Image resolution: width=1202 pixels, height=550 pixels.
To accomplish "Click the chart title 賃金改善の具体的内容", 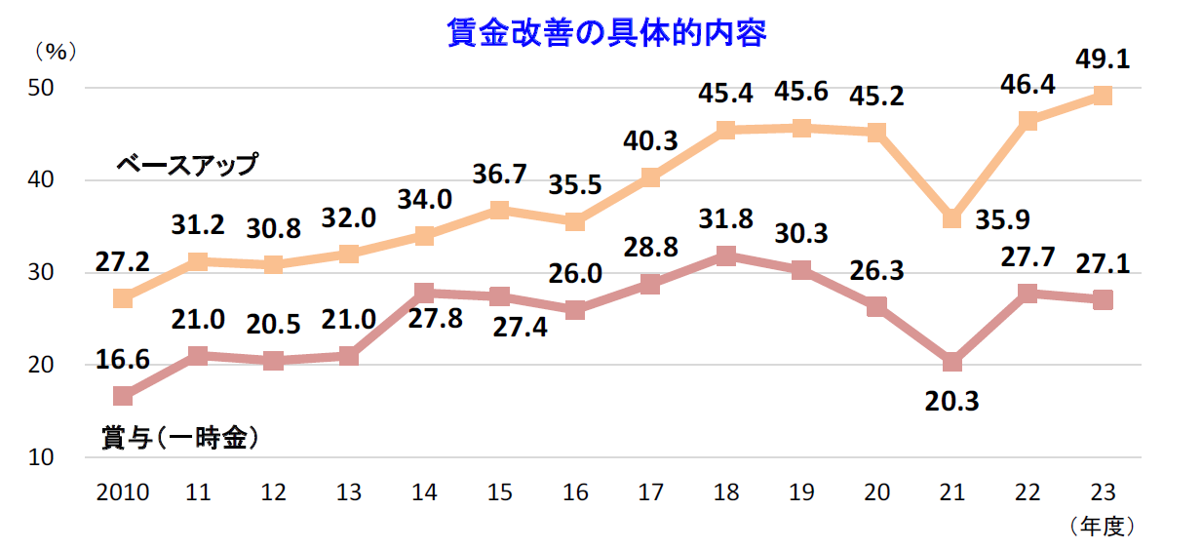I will [x=606, y=32].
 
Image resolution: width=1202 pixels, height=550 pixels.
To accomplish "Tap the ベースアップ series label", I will [x=186, y=163].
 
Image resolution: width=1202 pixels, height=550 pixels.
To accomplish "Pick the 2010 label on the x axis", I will [x=123, y=492].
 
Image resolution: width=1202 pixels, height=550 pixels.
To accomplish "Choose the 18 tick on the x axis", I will [x=725, y=492].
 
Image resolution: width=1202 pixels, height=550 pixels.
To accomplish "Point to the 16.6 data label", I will [x=123, y=361].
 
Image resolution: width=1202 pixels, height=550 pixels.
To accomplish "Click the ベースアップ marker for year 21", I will [x=951, y=219].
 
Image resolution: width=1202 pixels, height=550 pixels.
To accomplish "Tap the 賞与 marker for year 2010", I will [x=123, y=396].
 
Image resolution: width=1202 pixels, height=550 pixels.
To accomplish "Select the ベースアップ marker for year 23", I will [x=1103, y=96].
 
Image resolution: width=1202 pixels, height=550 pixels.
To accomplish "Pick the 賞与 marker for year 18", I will [x=725, y=256].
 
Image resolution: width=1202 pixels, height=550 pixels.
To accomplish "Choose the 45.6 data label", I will [x=801, y=93].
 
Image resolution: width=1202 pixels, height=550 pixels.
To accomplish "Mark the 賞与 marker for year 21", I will [x=951, y=363].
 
